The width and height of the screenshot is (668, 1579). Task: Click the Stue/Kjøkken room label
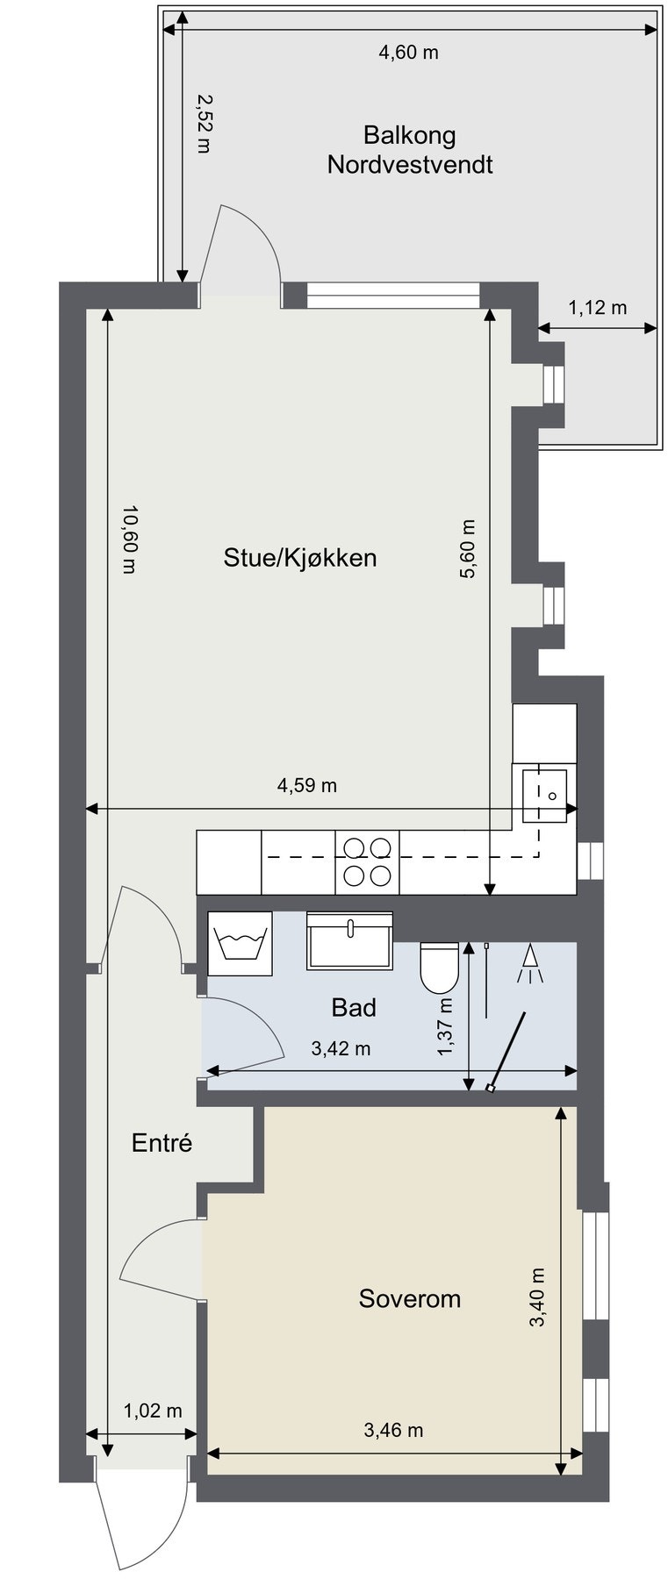pos(300,558)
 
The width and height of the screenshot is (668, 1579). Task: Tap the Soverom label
pos(410,1298)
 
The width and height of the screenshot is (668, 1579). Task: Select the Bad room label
pos(354,1007)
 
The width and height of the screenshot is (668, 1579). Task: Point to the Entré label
pos(162,1143)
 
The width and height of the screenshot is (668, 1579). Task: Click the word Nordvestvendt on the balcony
pos(410,164)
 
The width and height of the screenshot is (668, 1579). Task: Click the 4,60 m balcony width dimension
pos(408,53)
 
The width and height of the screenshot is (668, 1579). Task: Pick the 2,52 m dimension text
pos(204,125)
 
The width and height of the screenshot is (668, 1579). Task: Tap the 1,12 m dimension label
pos(598,307)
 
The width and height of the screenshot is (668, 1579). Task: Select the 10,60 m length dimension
pos(129,539)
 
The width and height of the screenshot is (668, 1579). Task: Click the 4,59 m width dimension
pos(307,785)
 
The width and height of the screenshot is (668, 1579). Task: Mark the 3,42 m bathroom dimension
pos(341,1048)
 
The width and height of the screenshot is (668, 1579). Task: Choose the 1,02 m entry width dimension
pos(153,1411)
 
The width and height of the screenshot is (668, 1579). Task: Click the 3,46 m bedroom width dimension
pos(393,1431)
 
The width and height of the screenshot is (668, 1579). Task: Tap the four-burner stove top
pos(367,861)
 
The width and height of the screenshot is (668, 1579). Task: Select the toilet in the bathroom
pos(440,968)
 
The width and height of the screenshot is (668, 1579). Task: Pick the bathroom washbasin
pos(349,940)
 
